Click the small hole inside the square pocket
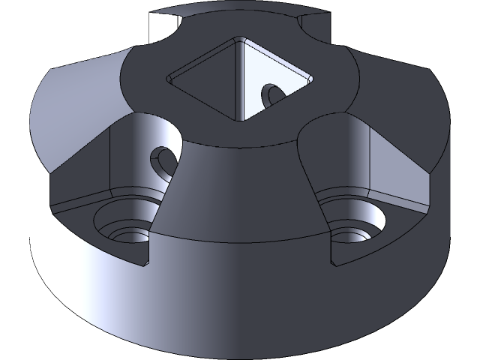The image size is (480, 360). pyautogui.click(x=271, y=94)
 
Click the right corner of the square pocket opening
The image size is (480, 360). pyautogui.click(x=310, y=76)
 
